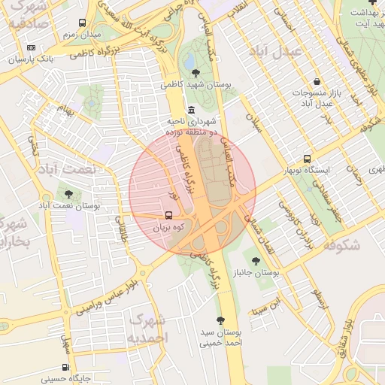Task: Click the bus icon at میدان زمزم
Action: coord(82,23)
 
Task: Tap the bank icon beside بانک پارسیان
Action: coord(31,47)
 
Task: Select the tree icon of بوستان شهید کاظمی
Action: coord(196,73)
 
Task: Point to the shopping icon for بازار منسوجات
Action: coord(317,82)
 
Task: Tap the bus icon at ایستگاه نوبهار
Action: coord(307,159)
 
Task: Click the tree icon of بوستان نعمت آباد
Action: coord(68,194)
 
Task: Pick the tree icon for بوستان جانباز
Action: coord(256,261)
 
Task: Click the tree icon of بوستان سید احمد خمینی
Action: coord(220,320)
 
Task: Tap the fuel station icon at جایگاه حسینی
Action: coord(65,368)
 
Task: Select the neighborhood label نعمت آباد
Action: coord(67,169)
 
